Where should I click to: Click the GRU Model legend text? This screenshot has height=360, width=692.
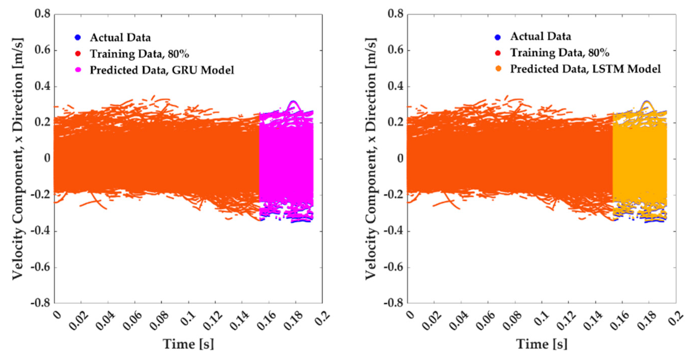[162, 70]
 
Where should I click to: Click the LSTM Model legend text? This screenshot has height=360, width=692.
[585, 69]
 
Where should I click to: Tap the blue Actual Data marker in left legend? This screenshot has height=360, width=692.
[78, 38]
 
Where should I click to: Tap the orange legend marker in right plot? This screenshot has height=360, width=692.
[498, 69]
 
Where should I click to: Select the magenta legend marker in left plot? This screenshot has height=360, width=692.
[78, 70]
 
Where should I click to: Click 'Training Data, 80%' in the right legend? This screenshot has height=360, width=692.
[559, 53]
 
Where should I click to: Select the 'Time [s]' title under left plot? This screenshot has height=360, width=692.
[188, 344]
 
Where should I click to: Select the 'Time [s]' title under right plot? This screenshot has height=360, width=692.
[541, 344]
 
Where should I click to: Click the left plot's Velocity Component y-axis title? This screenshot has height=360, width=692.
[18, 159]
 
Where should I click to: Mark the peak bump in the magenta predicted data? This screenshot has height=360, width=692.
[293, 102]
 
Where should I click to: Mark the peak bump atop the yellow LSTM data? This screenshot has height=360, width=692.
[647, 102]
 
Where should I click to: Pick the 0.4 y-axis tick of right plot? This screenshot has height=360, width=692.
[396, 86]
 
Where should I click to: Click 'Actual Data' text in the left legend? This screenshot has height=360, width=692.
[120, 38]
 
